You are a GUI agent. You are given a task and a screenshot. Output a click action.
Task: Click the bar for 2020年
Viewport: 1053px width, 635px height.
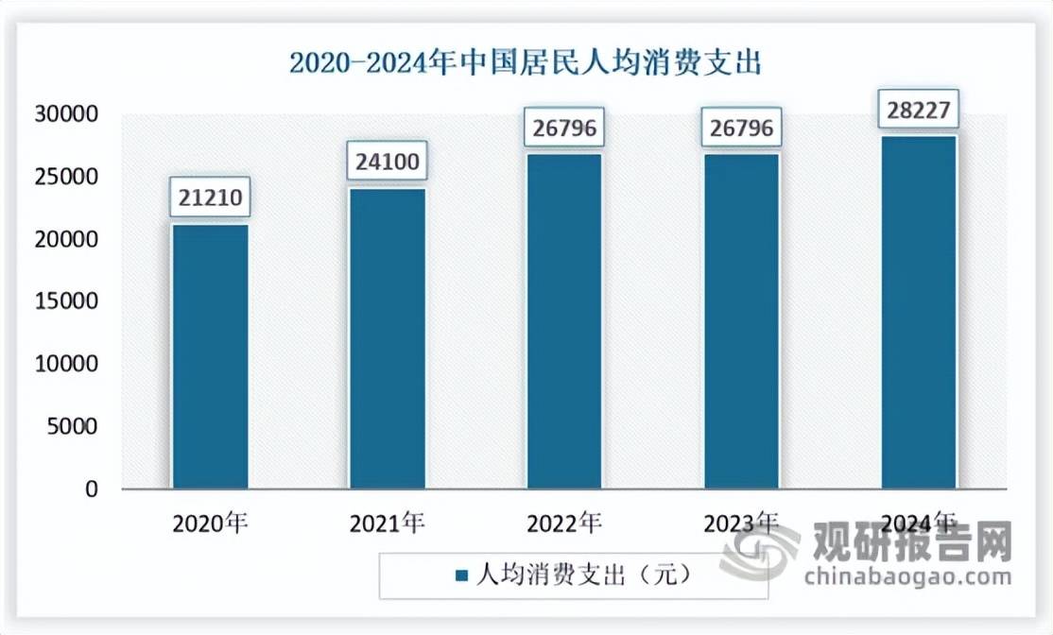pyautogui.click(x=210, y=356)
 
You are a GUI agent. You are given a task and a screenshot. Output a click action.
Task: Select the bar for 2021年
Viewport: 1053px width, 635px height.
pyautogui.click(x=387, y=338)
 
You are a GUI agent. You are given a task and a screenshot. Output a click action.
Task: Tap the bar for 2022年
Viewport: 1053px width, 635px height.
pyautogui.click(x=563, y=321)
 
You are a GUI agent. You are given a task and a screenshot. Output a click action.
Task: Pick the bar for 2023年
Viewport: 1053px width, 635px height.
pyautogui.click(x=740, y=321)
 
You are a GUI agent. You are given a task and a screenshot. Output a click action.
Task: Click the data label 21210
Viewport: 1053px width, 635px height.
pyautogui.click(x=210, y=198)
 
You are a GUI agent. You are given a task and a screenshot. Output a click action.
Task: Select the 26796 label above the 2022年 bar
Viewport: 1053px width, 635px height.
pyautogui.click(x=563, y=128)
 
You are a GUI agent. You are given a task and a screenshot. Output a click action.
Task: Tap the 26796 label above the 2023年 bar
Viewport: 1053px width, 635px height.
pyautogui.click(x=740, y=128)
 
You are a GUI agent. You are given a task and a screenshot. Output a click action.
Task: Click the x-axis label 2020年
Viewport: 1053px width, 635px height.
pyautogui.click(x=210, y=523)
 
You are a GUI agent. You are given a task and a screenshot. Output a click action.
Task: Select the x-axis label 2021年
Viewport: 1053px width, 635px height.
pyautogui.click(x=387, y=523)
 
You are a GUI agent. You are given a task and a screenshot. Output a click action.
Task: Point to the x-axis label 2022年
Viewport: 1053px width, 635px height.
pyautogui.click(x=563, y=523)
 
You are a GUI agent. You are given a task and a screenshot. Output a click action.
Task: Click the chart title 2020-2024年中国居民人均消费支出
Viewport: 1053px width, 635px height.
pyautogui.click(x=526, y=63)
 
